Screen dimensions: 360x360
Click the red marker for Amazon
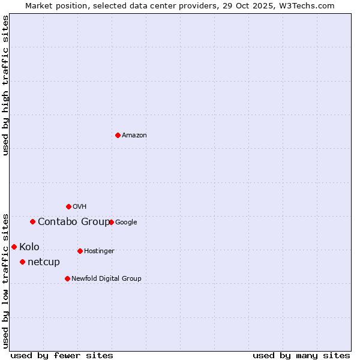(118, 135)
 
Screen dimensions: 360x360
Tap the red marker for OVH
(68, 206)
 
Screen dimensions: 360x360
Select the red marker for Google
(111, 222)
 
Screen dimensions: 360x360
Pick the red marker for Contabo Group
(32, 221)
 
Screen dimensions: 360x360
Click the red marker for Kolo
(14, 247)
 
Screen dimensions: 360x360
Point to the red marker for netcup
(22, 262)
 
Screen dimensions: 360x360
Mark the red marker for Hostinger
(80, 251)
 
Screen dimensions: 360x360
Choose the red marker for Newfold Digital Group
(67, 278)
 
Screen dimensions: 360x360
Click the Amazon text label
(134, 136)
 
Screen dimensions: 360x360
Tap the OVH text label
(80, 207)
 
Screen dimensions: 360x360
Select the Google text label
(126, 223)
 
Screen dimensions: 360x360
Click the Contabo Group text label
(74, 222)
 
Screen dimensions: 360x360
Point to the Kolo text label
(29, 247)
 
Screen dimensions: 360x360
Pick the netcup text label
(44, 262)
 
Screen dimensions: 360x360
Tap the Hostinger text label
(99, 251)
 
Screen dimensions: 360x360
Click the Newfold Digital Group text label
(106, 279)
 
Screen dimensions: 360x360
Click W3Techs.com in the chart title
(310, 5)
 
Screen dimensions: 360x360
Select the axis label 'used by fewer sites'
(62, 355)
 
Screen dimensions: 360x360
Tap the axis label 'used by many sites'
(301, 355)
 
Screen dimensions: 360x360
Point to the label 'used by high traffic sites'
(5, 85)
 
